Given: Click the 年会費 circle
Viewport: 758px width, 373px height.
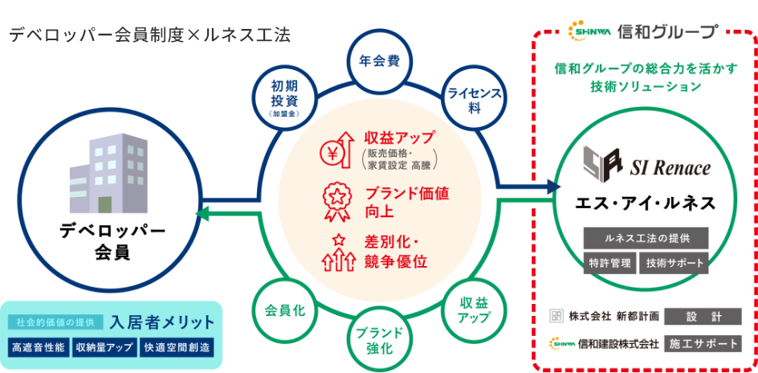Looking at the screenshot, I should point(379,61).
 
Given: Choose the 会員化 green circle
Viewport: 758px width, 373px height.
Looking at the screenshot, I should point(283,309).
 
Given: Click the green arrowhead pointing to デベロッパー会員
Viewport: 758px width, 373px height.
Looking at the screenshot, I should point(202,214).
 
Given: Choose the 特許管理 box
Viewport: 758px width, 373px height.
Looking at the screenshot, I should point(610,263).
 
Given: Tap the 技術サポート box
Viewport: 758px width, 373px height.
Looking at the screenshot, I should point(674,263).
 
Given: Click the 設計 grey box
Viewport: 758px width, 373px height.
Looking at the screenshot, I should point(703,316).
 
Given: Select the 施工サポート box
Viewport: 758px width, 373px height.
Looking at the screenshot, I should point(703,343).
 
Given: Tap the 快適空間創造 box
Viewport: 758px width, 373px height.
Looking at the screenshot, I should point(176,348).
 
